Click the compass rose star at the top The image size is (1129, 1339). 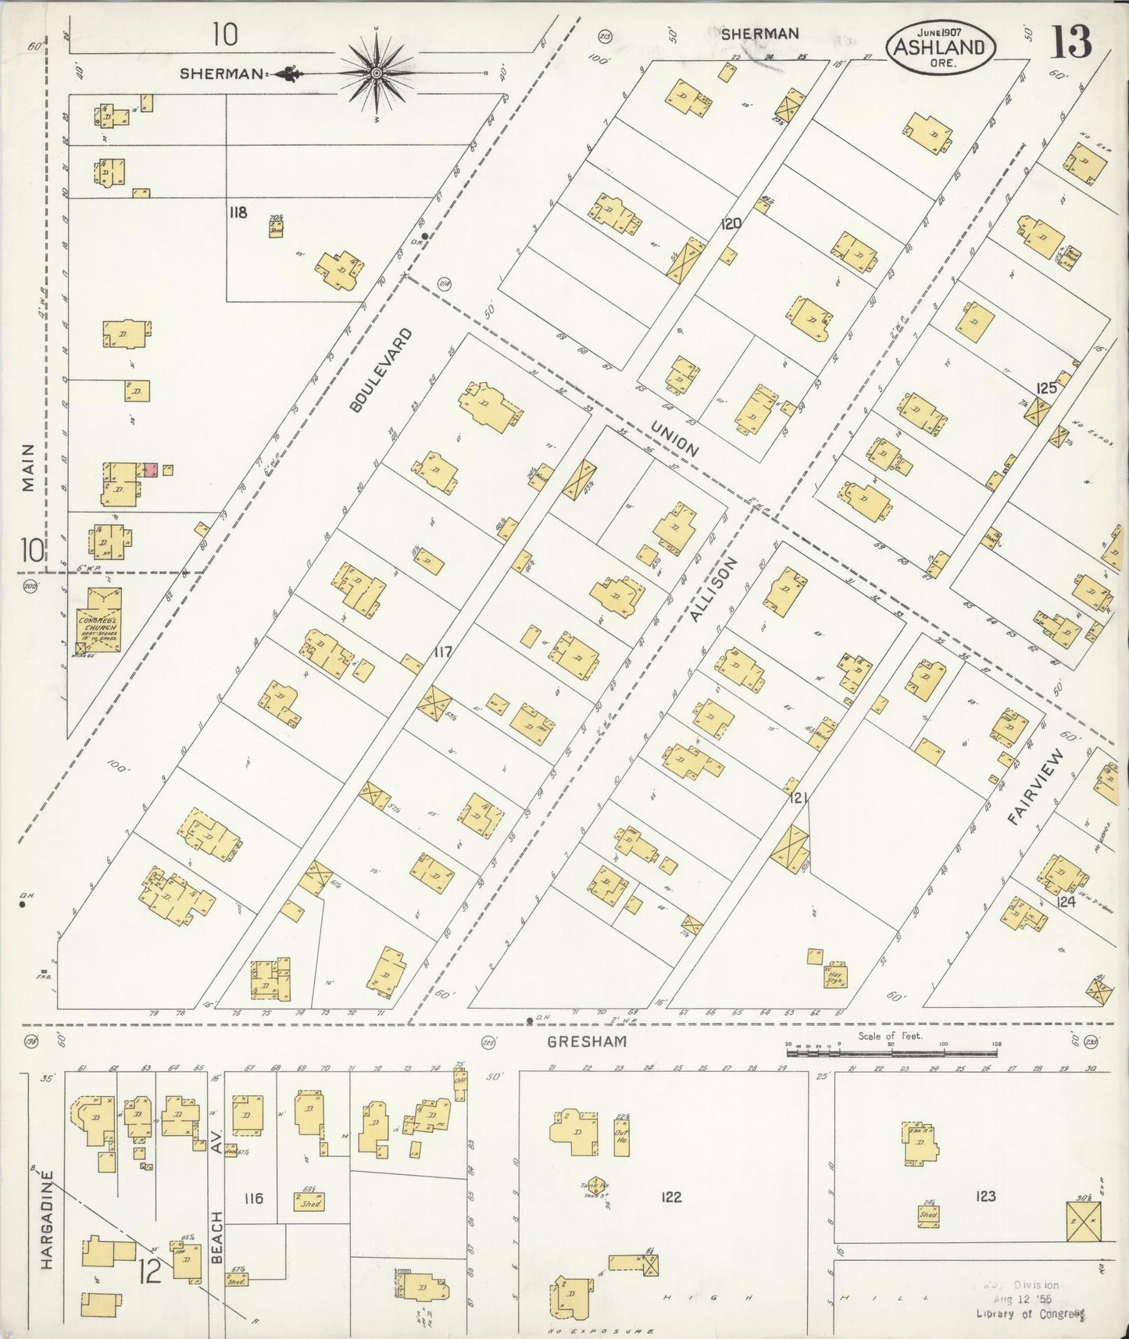coord(376,73)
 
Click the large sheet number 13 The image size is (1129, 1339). coord(1070,41)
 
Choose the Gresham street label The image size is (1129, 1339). coord(586,1042)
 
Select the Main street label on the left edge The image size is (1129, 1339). coord(28,467)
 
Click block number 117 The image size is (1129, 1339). coord(443,652)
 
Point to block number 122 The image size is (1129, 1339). coord(670,1197)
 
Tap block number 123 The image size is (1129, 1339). coord(985,1195)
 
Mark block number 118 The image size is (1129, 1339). coord(238,212)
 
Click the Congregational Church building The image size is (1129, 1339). coord(98,620)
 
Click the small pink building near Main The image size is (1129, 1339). coord(151,470)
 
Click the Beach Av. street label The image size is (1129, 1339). coord(217,1199)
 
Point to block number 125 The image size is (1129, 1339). coord(1045,388)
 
